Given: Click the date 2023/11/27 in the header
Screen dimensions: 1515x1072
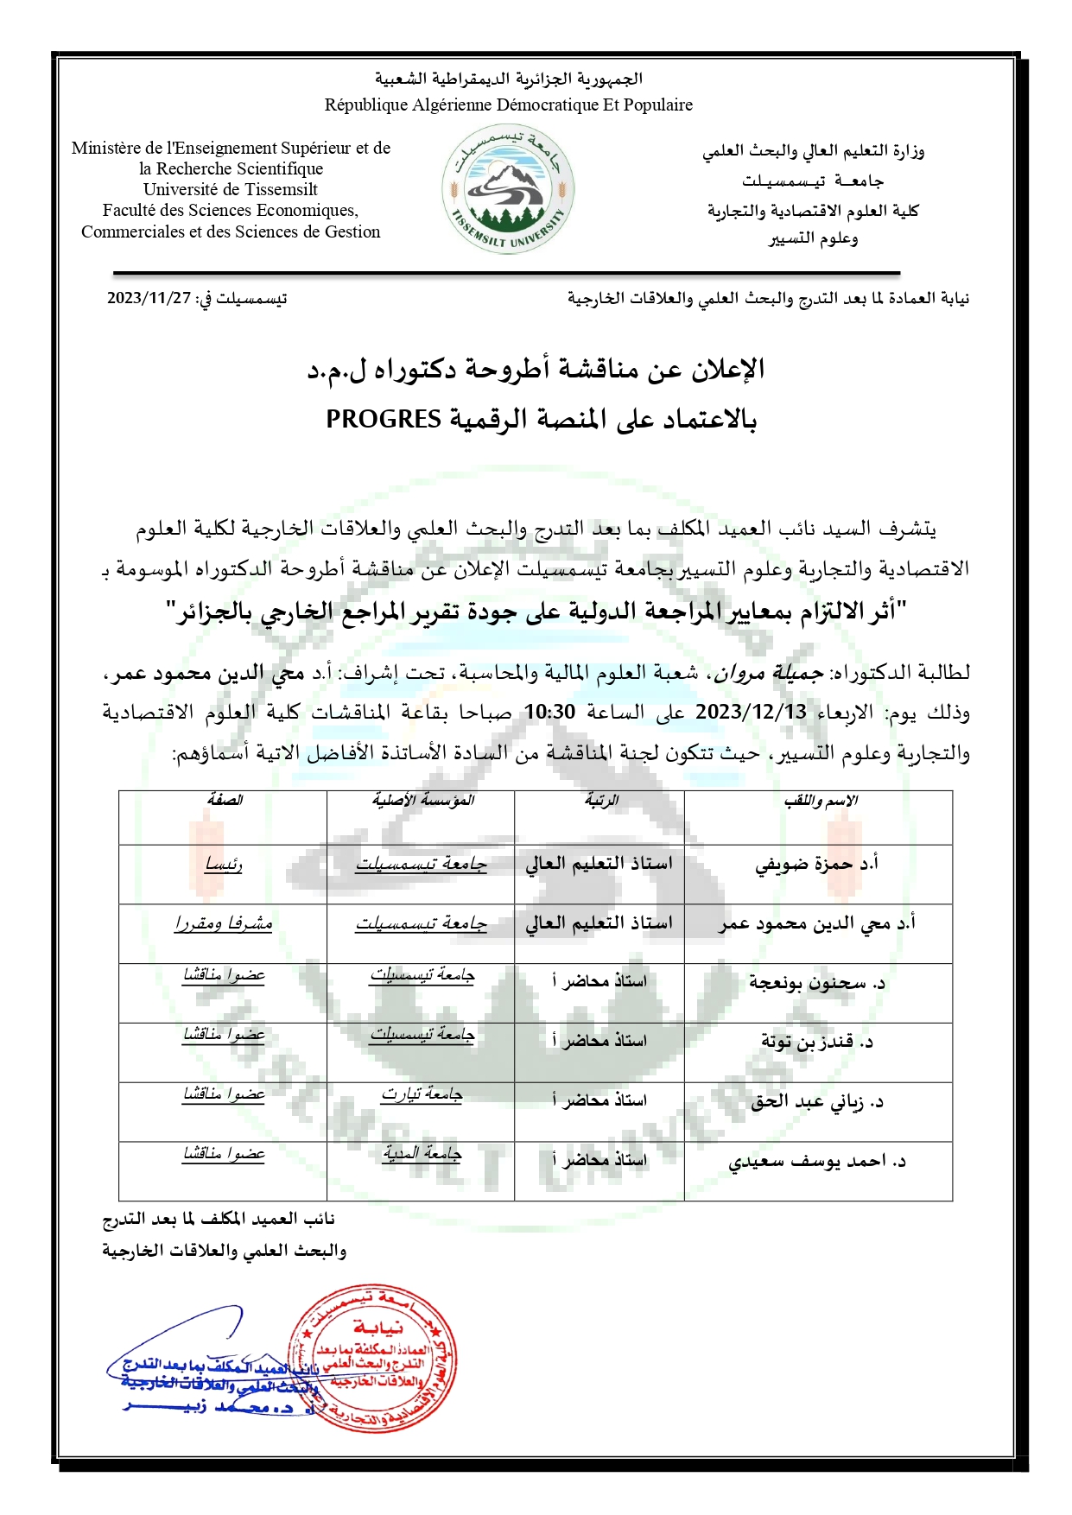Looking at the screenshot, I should click(149, 298).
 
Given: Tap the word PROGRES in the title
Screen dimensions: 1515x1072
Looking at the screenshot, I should click(384, 420).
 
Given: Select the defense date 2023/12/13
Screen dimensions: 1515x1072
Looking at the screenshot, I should click(751, 713).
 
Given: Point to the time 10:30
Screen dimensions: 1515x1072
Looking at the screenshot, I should click(549, 713).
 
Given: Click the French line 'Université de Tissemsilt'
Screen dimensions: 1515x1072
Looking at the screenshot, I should click(231, 189).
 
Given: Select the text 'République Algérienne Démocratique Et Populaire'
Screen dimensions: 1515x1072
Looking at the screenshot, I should click(508, 105).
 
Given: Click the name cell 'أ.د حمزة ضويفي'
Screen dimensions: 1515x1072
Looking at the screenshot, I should click(816, 864).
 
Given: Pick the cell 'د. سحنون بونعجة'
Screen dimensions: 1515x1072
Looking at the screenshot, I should click(817, 983).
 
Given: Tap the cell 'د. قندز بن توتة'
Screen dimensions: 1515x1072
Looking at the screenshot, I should click(817, 1043).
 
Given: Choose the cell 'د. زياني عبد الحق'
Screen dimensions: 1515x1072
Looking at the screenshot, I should click(817, 1102).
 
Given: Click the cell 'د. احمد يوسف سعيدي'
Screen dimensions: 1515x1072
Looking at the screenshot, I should click(817, 1162).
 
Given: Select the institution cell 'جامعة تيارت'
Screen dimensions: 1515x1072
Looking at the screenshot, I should click(422, 1095).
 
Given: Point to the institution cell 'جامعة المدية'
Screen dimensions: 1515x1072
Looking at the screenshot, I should click(422, 1155).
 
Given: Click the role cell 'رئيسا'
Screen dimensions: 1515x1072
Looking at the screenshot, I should click(223, 864).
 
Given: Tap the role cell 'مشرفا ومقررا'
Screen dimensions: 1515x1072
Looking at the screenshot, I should click(223, 923).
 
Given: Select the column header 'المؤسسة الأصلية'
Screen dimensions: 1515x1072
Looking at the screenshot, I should click(422, 801).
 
